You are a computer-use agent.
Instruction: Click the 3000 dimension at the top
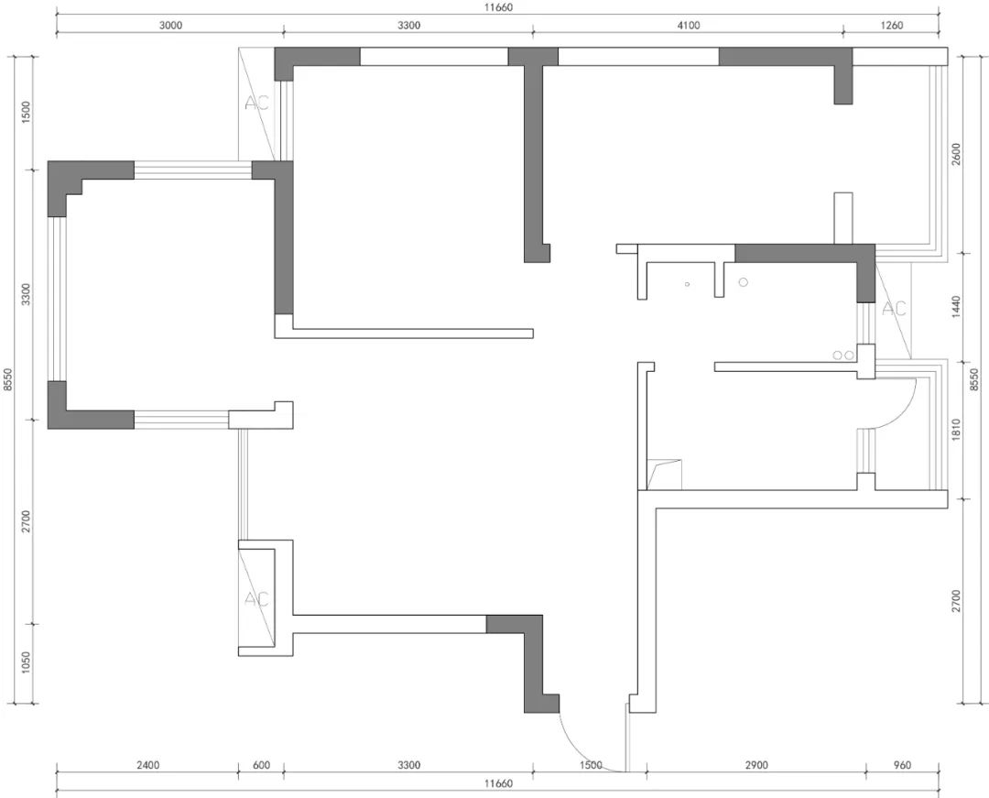(170, 26)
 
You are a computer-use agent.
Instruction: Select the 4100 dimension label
(688, 26)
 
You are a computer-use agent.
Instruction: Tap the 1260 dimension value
(892, 26)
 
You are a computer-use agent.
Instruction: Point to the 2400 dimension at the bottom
(147, 765)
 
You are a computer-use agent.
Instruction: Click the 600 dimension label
(261, 765)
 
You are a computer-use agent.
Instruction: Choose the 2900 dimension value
(756, 765)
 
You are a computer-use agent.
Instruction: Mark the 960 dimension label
(903, 765)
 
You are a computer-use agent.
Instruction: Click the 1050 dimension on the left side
(26, 662)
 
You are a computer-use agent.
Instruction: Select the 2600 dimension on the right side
(955, 155)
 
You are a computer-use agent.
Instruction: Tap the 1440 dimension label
(955, 307)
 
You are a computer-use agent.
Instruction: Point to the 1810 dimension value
(955, 430)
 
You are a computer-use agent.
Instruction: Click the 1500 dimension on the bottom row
(591, 765)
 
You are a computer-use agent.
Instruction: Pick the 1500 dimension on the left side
(26, 113)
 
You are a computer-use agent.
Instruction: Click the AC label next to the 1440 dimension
(894, 309)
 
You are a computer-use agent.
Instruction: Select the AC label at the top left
(256, 103)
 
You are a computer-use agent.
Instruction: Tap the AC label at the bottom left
(256, 598)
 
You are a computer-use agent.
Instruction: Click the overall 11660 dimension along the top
(498, 7)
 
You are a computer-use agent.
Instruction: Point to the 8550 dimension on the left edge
(8, 379)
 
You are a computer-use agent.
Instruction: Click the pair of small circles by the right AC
(843, 355)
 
